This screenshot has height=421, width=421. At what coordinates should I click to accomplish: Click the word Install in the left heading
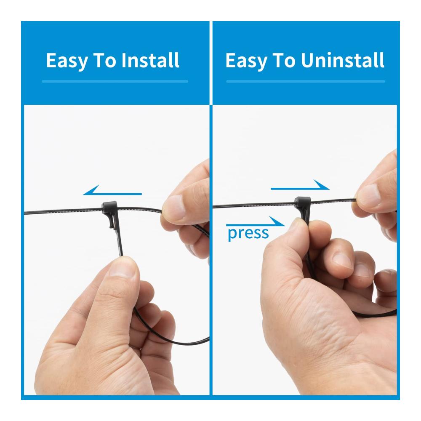click(150, 60)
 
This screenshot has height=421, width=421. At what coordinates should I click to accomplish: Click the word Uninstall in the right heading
click(343, 60)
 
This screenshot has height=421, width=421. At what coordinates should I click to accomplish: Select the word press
click(248, 234)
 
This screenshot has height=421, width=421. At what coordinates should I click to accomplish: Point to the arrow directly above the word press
click(256, 221)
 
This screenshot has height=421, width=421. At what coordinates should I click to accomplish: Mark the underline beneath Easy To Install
click(115, 81)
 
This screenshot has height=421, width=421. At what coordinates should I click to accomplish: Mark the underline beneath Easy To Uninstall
click(306, 81)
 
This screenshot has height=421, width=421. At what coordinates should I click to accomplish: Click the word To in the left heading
click(104, 60)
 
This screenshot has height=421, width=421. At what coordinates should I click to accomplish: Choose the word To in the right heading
click(284, 60)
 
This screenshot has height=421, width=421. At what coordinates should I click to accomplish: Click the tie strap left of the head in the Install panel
click(63, 212)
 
